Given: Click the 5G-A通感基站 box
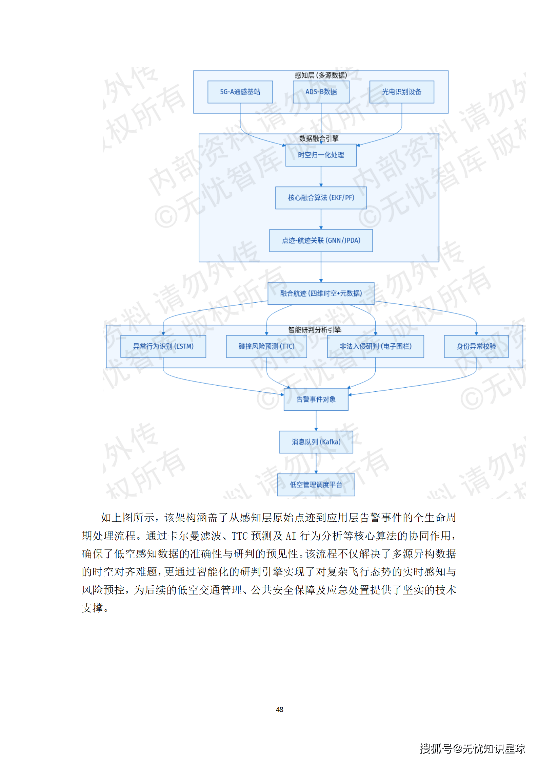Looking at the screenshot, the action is point(240,92).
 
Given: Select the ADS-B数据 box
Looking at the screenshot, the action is point(321,92).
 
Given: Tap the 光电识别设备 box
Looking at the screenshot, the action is point(401,92).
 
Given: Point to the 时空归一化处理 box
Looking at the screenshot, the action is point(321,155).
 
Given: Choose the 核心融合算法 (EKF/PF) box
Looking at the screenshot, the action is point(321,198).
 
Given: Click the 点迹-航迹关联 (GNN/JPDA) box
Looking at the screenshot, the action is point(321,240).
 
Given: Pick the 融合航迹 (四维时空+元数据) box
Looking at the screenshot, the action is point(321,293).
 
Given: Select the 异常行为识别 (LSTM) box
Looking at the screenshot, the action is point(163,346).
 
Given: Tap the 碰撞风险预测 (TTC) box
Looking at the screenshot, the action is point(266,346).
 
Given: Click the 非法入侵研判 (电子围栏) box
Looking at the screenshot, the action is point(375,346).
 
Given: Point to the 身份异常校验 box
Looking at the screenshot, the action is point(476,346).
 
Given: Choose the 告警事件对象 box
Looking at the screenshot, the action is point(316,399).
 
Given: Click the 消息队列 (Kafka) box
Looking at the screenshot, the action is point(316,442).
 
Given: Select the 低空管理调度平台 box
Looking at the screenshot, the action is point(316,485).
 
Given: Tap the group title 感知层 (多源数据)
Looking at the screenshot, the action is point(321,75).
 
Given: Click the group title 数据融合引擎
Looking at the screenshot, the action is point(319,138).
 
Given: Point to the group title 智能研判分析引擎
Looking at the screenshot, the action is point(314,330).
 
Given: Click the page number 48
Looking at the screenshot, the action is point(280,709).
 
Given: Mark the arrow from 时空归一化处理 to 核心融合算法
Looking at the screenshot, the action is point(321,176).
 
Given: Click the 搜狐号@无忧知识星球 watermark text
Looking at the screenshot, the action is point(472,748).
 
